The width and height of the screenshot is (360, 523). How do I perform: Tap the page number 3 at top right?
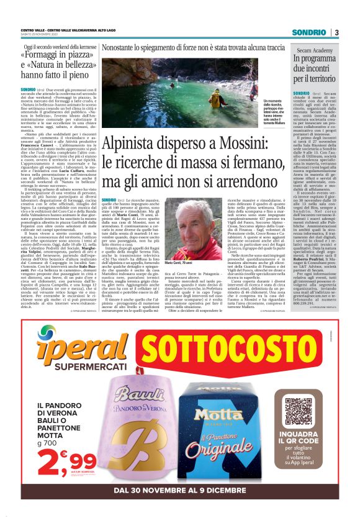click(x=336, y=32)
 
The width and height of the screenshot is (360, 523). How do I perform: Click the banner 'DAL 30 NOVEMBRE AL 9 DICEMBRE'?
click(x=180, y=489)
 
